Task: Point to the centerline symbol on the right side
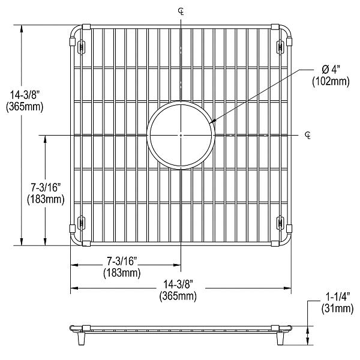308,134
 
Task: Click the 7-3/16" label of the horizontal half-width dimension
122,262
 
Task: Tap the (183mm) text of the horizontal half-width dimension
122,273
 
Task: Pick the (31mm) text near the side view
335,309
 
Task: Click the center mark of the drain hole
181,136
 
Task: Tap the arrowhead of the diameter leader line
211,124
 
